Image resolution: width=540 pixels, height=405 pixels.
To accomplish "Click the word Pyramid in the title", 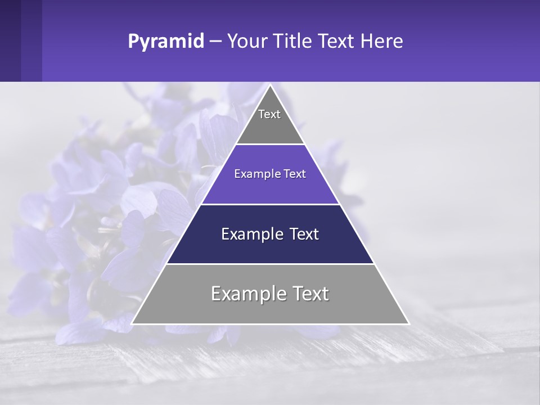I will tap(166, 42).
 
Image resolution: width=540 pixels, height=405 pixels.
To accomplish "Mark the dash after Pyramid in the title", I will tap(215, 42).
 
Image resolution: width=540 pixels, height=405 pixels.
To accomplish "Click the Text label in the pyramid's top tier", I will tap(269, 114).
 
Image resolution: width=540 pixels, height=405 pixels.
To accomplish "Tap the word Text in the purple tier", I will tap(295, 174).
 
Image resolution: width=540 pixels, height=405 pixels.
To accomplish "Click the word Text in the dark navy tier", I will tap(304, 234).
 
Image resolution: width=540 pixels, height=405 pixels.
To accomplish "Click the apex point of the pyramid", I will tap(270, 85).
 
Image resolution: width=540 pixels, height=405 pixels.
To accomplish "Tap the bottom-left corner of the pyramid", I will tap(132, 323).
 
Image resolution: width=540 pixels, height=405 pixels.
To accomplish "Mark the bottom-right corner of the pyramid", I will tap(409, 323).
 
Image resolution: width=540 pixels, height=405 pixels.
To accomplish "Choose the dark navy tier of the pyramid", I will tap(270, 250).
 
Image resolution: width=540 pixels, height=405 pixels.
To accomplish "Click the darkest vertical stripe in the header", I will tap(10, 40).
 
